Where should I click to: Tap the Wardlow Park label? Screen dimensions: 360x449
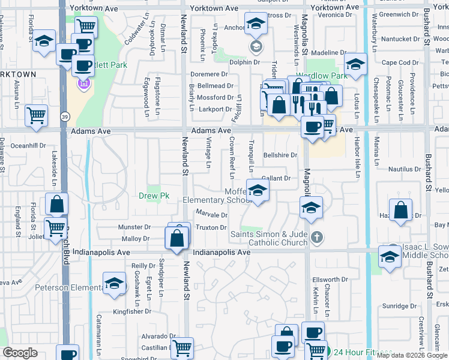[330, 76]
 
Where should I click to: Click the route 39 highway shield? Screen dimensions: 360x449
[65, 115]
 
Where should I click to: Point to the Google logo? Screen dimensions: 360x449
[20, 353]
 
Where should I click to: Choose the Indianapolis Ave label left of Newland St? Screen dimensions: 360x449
[101, 253]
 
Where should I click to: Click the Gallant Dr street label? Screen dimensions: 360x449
[276, 178]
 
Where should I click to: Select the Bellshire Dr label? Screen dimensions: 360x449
[280, 155]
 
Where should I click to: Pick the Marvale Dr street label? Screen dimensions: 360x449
[212, 215]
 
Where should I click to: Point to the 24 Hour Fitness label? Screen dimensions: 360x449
[363, 352]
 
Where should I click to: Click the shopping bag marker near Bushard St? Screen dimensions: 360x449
[401, 210]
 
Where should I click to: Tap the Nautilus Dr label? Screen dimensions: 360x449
[403, 170]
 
